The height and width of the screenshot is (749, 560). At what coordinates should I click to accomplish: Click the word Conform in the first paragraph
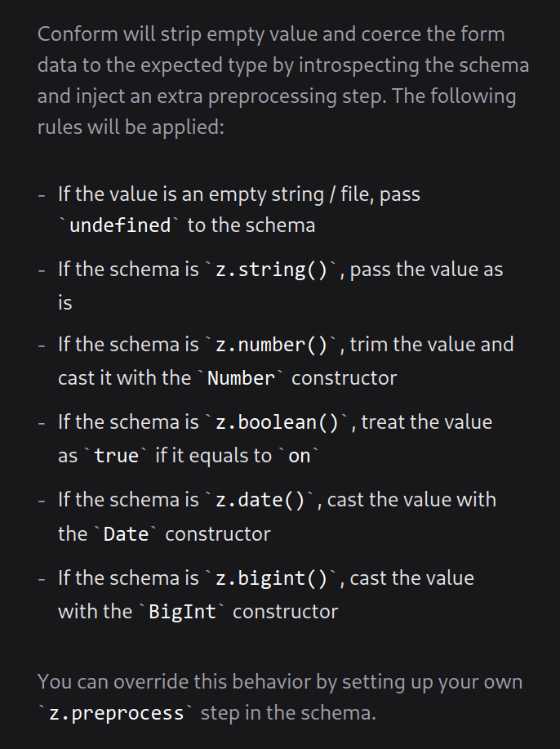click(x=78, y=34)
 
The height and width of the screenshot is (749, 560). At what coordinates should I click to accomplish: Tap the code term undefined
click(x=120, y=225)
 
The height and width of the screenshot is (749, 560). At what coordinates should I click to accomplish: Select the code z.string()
click(x=272, y=270)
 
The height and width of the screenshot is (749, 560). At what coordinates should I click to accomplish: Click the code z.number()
click(x=272, y=345)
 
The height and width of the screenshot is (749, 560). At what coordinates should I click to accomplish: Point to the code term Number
click(x=241, y=378)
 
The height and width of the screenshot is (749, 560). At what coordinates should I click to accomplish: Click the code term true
click(x=117, y=456)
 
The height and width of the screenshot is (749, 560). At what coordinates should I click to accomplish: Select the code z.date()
click(x=260, y=500)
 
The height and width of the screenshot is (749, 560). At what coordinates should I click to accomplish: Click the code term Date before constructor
click(x=126, y=534)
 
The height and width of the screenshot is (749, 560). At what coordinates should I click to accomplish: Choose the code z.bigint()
click(x=272, y=578)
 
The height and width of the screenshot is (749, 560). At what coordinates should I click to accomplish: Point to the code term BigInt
click(x=182, y=612)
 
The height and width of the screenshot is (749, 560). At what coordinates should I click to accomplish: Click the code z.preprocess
click(x=117, y=713)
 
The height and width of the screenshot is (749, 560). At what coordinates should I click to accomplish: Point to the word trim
click(x=367, y=345)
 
